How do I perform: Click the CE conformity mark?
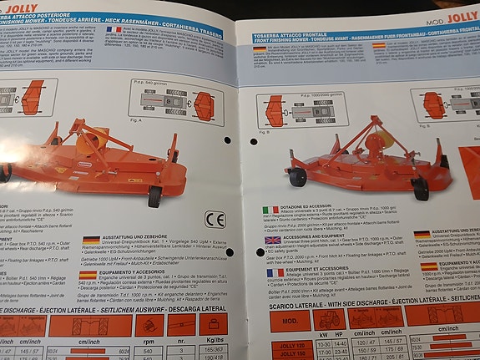[215, 221]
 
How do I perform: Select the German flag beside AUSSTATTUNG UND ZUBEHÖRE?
[92, 241]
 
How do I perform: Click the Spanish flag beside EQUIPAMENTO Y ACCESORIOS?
[90, 271]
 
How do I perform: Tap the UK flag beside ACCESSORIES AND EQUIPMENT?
[272, 240]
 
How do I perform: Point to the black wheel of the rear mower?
[154, 196]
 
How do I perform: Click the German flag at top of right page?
[260, 49]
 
